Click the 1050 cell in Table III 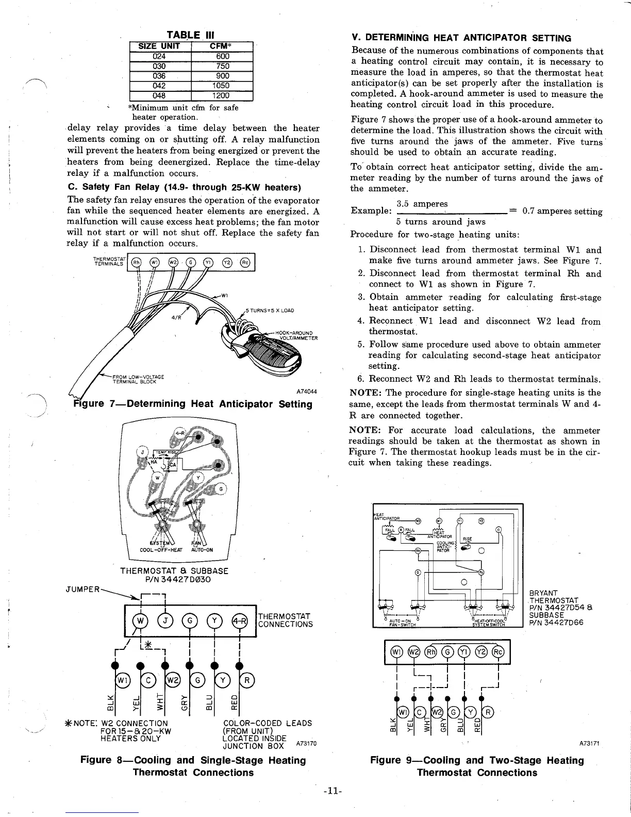pos(222,86)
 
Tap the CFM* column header pos(222,46)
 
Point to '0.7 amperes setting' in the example pos(562,211)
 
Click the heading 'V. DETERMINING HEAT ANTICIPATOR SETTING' pos(461,38)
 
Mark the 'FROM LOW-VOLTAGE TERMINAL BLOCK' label pos(137,377)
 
